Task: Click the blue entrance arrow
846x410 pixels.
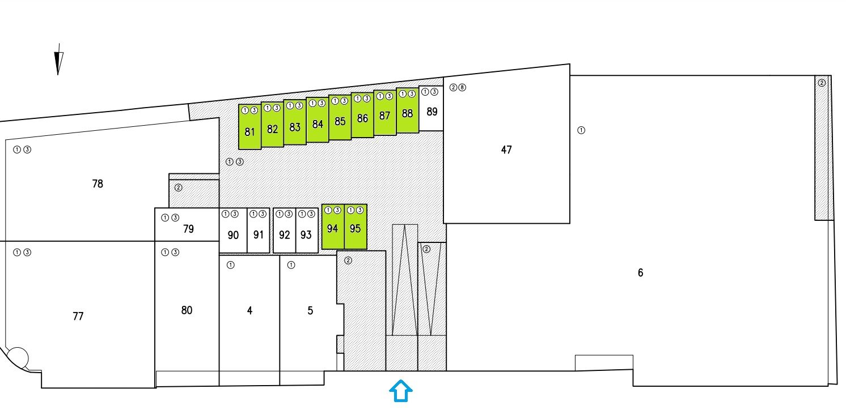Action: point(400,391)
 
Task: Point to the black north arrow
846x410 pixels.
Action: point(58,62)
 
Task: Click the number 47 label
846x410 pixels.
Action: point(506,150)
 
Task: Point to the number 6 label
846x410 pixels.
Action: point(640,273)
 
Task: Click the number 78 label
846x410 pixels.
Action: point(98,184)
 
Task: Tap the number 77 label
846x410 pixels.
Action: point(78,316)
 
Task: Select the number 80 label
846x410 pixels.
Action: point(187,310)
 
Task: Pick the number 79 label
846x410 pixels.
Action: point(189,229)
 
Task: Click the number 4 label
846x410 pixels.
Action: point(249,310)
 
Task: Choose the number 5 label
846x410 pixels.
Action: point(310,310)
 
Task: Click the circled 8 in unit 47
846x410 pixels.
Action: point(462,88)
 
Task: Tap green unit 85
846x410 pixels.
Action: point(340,120)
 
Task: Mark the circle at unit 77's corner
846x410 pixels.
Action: point(18,357)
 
